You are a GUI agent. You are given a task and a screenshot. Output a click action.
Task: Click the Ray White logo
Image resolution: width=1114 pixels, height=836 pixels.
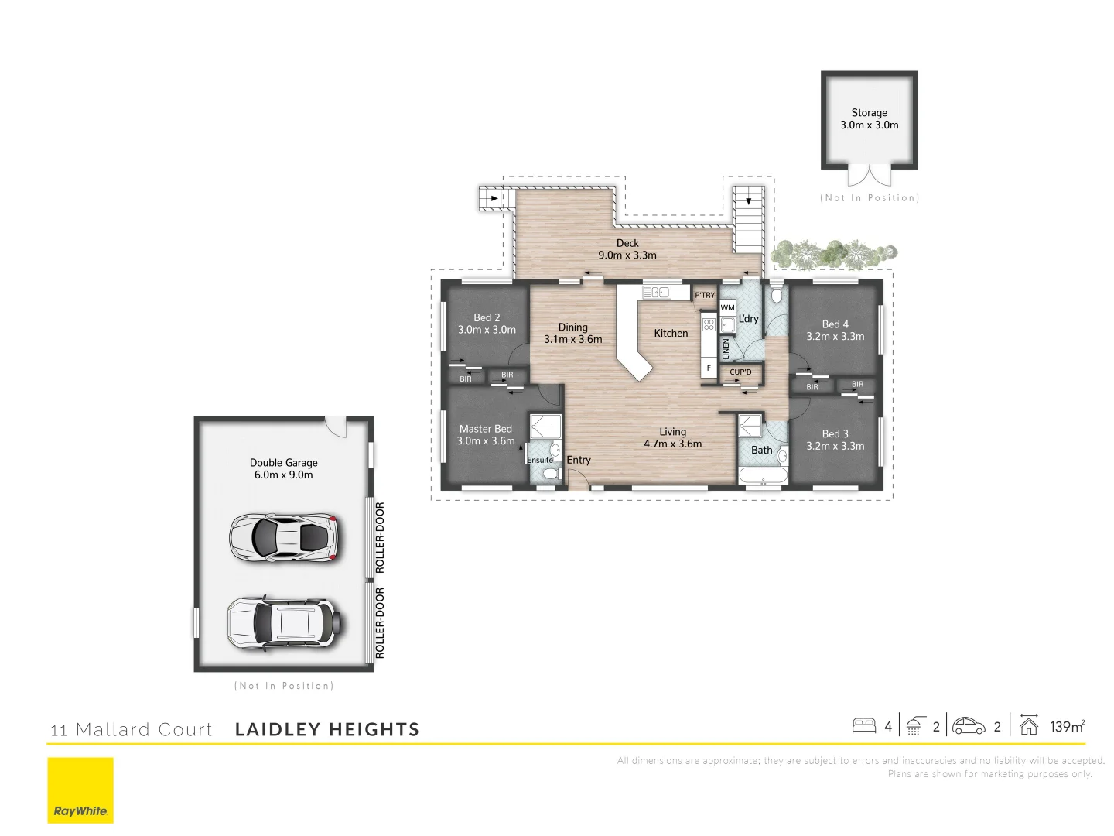80,790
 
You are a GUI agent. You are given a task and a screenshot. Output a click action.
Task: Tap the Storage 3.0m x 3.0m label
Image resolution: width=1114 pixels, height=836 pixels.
870,118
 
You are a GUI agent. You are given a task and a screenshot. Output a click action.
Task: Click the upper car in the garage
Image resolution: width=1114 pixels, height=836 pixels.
284,536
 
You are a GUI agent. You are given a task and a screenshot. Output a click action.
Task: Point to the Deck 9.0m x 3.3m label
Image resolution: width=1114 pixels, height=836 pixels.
627,249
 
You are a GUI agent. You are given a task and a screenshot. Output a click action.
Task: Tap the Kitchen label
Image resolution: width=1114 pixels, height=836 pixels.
671,333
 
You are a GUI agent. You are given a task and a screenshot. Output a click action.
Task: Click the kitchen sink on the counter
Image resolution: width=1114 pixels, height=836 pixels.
657,292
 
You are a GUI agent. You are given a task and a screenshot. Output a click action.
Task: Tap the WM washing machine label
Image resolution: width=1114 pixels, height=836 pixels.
728,307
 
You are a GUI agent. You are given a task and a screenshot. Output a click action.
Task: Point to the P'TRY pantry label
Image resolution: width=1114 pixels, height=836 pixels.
705,295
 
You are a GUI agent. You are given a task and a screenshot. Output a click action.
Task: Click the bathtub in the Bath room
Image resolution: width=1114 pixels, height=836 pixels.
763,475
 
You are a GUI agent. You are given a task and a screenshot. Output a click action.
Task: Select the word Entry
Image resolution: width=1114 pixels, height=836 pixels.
579,460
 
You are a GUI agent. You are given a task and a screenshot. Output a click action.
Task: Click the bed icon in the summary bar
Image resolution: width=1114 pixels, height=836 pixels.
863,726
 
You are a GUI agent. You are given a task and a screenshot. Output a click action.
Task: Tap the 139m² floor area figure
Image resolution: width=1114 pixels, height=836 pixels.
1067,726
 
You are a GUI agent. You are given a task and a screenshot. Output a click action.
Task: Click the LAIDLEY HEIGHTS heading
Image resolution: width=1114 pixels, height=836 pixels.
327,729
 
